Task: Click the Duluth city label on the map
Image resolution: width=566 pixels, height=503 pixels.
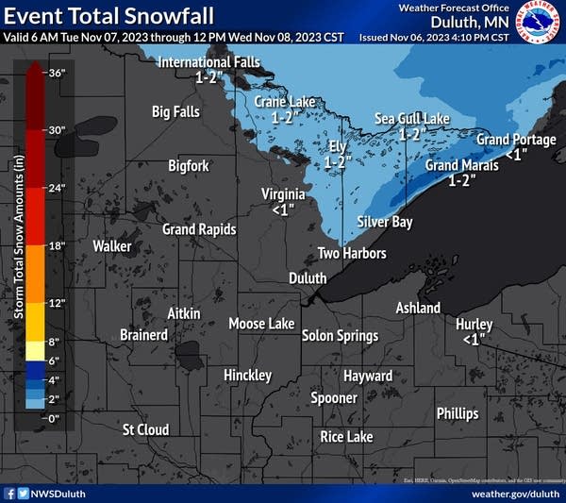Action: tap(308, 278)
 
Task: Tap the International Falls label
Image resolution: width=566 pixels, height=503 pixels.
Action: tap(208, 62)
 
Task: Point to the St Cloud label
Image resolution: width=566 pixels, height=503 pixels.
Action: tap(146, 429)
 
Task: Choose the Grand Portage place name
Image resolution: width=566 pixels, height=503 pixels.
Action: tap(516, 140)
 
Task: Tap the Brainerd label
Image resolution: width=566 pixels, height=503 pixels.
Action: tap(144, 335)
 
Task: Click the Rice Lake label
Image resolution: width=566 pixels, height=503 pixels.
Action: tap(346, 437)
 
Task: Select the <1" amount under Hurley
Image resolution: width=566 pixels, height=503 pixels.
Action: tap(474, 338)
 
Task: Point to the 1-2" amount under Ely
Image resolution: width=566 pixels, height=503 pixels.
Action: tap(338, 162)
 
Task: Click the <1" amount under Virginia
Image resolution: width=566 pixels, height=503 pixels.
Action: tap(283, 210)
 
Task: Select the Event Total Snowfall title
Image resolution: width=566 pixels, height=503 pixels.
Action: tap(109, 16)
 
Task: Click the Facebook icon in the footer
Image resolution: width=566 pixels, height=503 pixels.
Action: tap(10, 493)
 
